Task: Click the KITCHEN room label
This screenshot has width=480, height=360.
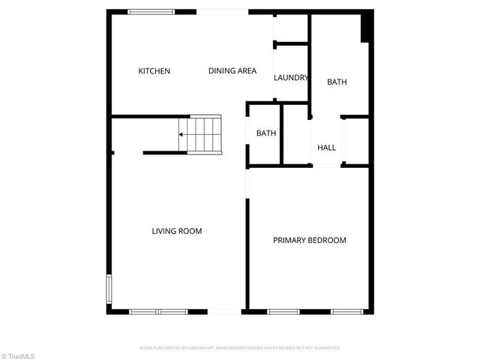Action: tap(154, 71)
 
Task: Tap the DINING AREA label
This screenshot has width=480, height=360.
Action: tap(232, 71)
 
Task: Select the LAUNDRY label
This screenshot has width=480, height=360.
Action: tap(291, 78)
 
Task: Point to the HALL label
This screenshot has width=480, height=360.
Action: tap(327, 148)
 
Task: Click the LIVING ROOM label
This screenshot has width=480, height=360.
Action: tap(177, 231)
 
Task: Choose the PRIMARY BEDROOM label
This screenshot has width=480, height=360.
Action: tap(309, 240)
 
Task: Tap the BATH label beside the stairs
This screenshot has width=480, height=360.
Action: tap(266, 133)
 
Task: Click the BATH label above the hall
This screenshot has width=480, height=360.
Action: tap(337, 82)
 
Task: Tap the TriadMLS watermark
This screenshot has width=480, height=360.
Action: tap(18, 355)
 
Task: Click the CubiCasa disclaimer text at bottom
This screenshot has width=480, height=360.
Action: tap(240, 348)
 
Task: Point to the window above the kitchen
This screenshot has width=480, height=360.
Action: tap(151, 11)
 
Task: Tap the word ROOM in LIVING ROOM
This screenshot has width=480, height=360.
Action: tap(190, 231)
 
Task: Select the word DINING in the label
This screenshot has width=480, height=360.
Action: tap(222, 71)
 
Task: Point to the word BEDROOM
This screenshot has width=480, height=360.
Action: tap(328, 240)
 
